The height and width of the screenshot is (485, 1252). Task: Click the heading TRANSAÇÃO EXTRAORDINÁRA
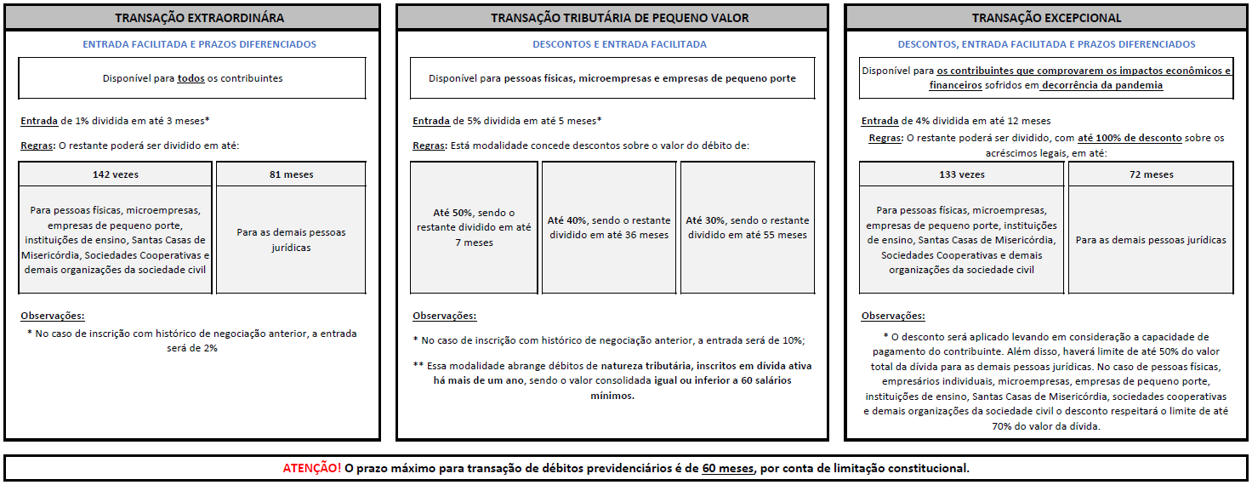(199, 18)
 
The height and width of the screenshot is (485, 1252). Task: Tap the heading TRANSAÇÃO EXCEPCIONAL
(1046, 18)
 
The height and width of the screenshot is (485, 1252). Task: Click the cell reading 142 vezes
(116, 174)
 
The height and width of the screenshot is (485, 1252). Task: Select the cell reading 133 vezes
(961, 174)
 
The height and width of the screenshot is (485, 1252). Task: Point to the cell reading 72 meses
(1152, 174)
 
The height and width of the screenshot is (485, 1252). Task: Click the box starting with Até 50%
(474, 227)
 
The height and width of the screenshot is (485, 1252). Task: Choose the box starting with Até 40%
(609, 227)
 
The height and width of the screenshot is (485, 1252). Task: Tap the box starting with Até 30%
(747, 227)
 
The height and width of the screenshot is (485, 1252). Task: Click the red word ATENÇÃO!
(312, 468)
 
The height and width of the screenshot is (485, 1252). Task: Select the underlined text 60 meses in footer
(728, 468)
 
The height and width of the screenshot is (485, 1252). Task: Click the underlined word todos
(191, 78)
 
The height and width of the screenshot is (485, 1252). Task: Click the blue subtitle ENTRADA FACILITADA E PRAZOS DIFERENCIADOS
(199, 44)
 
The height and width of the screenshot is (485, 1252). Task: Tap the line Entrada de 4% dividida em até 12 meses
(955, 121)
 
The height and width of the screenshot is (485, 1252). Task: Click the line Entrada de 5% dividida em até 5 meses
(507, 121)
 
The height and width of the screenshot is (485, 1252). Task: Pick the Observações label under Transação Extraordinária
(53, 316)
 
